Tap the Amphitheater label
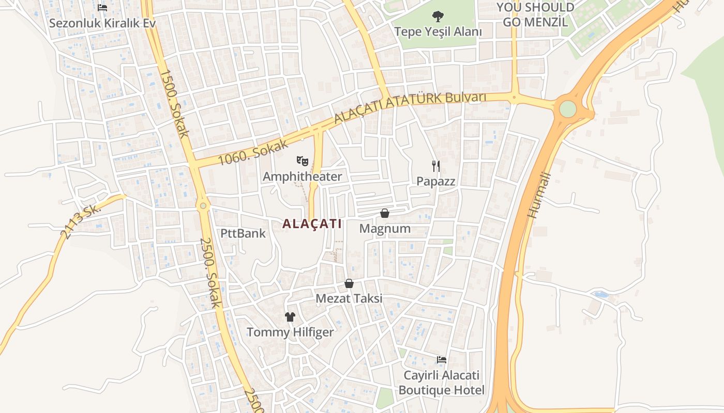[302, 177]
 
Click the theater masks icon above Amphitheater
[303, 161]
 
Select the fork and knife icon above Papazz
[436, 166]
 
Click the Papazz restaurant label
[436, 181]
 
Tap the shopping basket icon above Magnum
[385, 213]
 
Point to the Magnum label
[385, 228]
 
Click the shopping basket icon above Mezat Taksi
[349, 283]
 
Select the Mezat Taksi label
[349, 298]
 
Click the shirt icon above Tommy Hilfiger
[290, 316]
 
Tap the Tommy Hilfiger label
[290, 332]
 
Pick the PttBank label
[243, 233]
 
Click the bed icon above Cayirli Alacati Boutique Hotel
[442, 359]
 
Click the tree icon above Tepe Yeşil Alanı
[438, 17]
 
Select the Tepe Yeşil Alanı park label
[438, 31]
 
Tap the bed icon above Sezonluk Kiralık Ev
[102, 8]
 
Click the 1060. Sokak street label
[253, 152]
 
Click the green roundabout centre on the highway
[568, 109]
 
